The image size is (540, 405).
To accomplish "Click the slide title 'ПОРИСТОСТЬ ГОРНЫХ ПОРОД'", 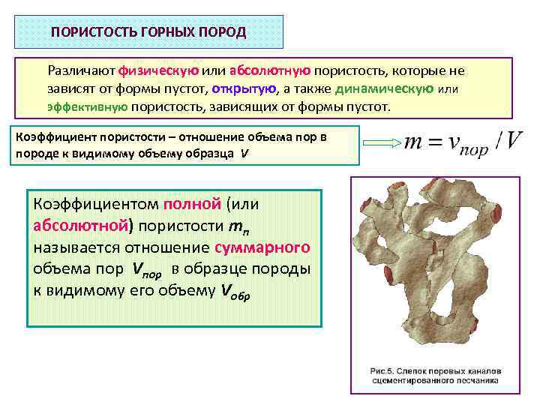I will pos(148,33).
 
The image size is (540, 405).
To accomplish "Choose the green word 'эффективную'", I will pos(87,106).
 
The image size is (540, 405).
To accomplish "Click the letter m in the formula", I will pos(414,142).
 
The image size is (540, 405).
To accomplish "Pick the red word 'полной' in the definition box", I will pos(191,204).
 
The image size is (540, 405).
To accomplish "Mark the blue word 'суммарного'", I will pos(262,247).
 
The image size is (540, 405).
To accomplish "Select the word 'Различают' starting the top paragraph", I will pos(81,71).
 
